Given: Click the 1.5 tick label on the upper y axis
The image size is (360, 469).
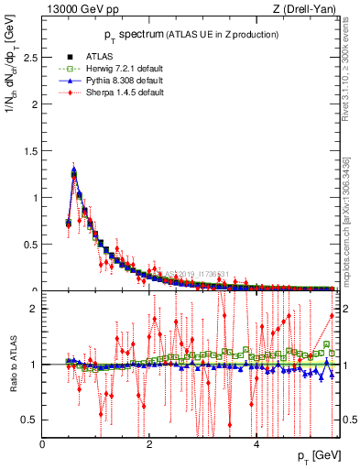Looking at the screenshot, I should click(30, 150).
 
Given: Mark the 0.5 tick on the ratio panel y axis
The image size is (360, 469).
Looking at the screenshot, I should click(30, 420).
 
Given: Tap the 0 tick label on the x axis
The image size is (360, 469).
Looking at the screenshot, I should click(42, 444).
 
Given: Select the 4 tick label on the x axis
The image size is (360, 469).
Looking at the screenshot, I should click(256, 444).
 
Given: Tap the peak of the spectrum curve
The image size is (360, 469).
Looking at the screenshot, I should click(73, 169).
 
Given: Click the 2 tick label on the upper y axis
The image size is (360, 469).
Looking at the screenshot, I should click(34, 104).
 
